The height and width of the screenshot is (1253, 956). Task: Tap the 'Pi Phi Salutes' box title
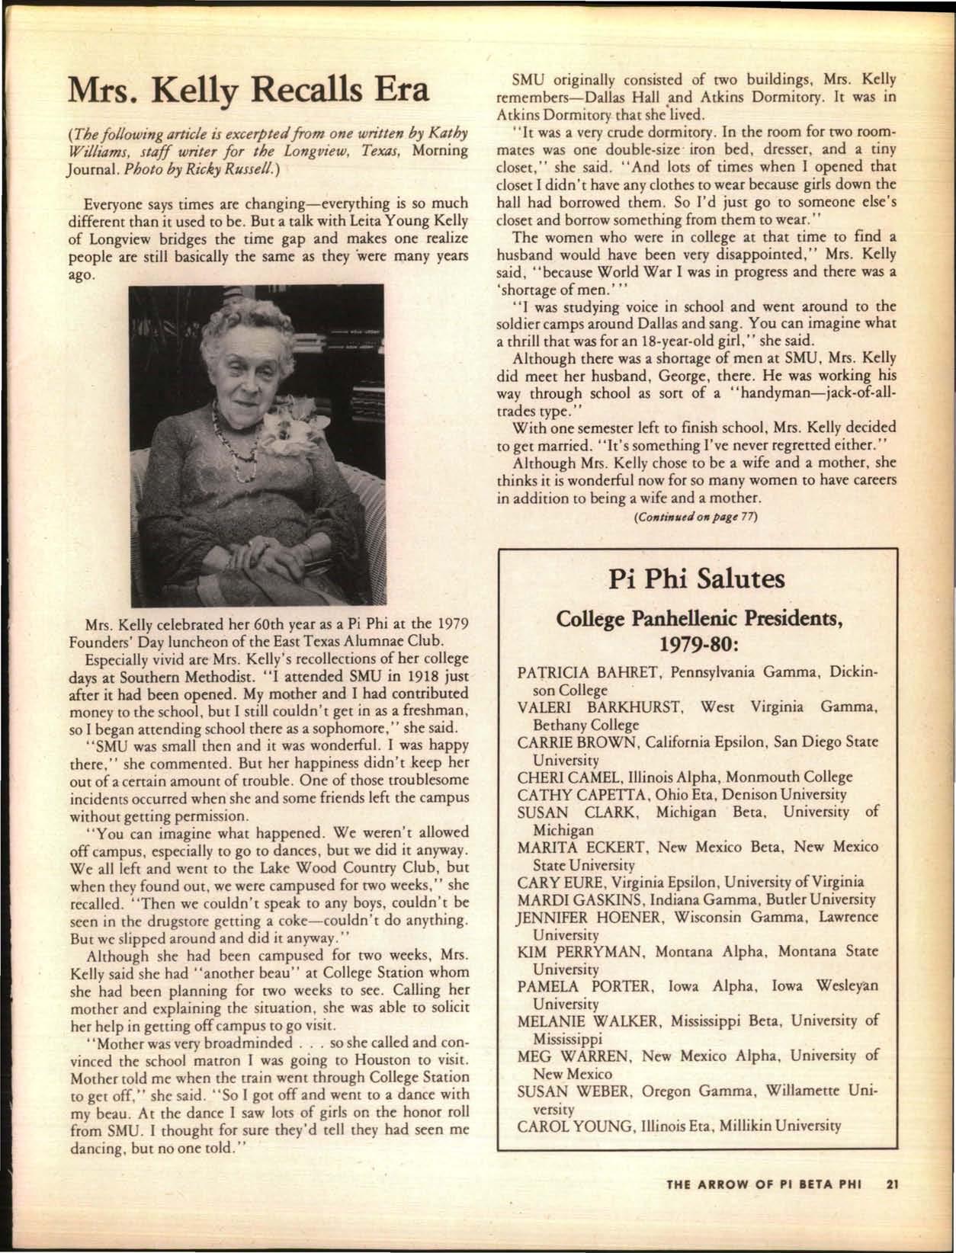697,579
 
